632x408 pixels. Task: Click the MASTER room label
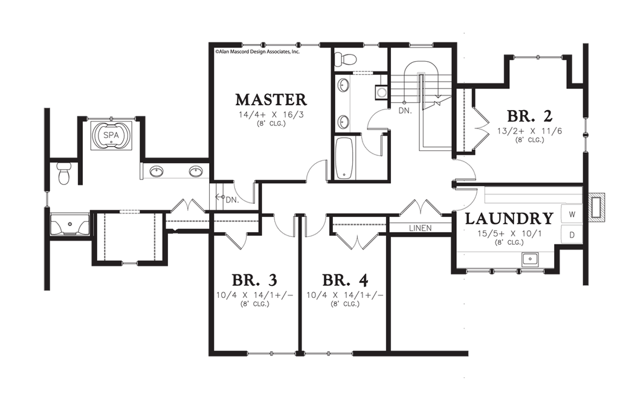pyautogui.click(x=271, y=100)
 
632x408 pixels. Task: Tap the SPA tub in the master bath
pyautogui.click(x=111, y=135)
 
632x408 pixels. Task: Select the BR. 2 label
pyautogui.click(x=529, y=116)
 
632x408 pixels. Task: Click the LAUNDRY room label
pyautogui.click(x=509, y=219)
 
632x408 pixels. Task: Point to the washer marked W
pyautogui.click(x=572, y=215)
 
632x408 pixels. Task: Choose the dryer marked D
pyautogui.click(x=572, y=235)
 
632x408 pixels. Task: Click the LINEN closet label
pyautogui.click(x=421, y=228)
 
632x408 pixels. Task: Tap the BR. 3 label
pyautogui.click(x=254, y=280)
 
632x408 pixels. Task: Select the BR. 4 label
pyautogui.click(x=345, y=280)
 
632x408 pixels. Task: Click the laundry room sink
pyautogui.click(x=530, y=258)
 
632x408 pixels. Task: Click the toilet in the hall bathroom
pyautogui.click(x=346, y=59)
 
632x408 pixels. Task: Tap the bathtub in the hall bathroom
pyautogui.click(x=344, y=158)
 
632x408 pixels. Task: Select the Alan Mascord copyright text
pyautogui.click(x=257, y=51)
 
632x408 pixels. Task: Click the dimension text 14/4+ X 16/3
pyautogui.click(x=271, y=114)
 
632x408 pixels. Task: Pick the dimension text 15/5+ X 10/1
pyautogui.click(x=509, y=233)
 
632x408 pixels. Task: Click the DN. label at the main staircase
pyautogui.click(x=405, y=110)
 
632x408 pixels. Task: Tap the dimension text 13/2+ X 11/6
pyautogui.click(x=529, y=131)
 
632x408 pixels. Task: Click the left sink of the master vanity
pyautogui.click(x=156, y=172)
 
